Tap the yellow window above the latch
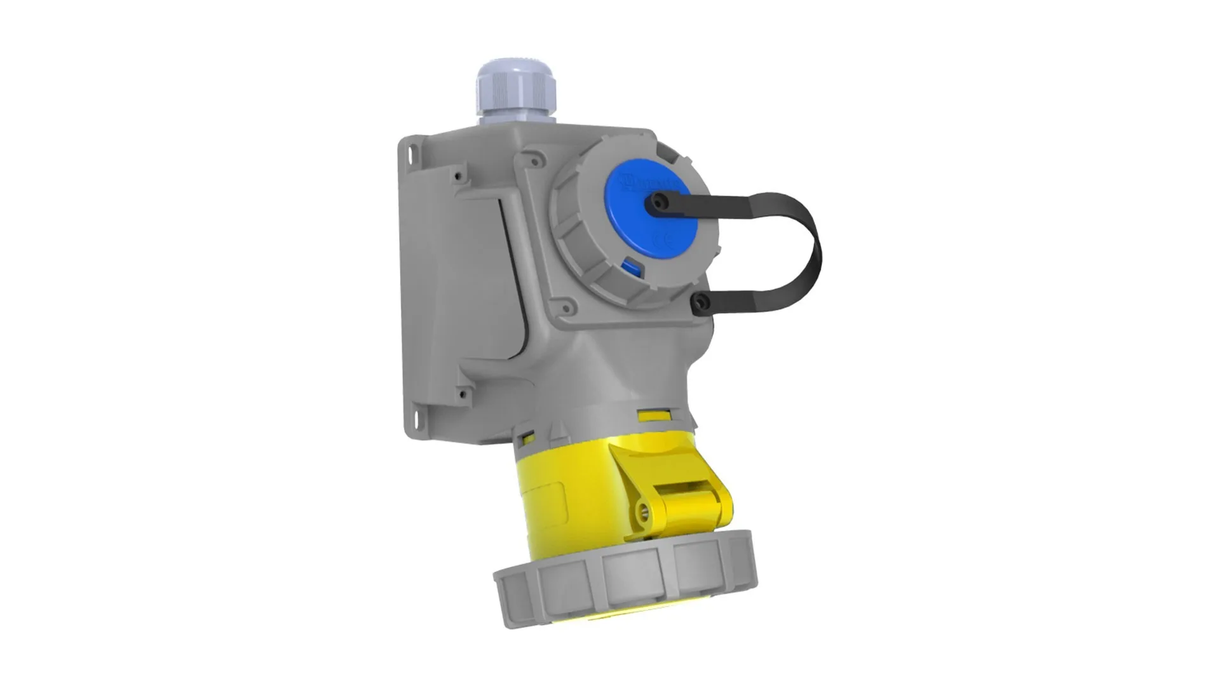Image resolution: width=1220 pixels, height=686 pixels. (654, 416)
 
